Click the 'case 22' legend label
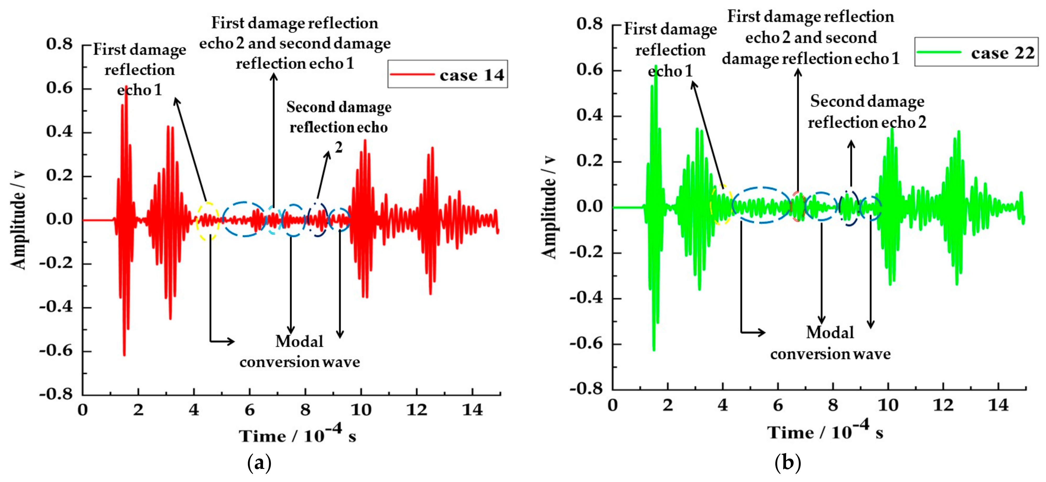[x=1003, y=53]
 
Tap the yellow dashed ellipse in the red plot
[x=208, y=221]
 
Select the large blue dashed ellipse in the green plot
[x=762, y=205]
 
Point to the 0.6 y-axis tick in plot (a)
[x=59, y=88]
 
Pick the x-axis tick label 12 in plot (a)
[x=417, y=410]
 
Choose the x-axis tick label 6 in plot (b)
[x=778, y=405]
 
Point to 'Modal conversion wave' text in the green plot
[x=830, y=343]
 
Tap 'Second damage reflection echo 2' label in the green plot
[x=867, y=112]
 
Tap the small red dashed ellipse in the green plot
[x=798, y=206]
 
